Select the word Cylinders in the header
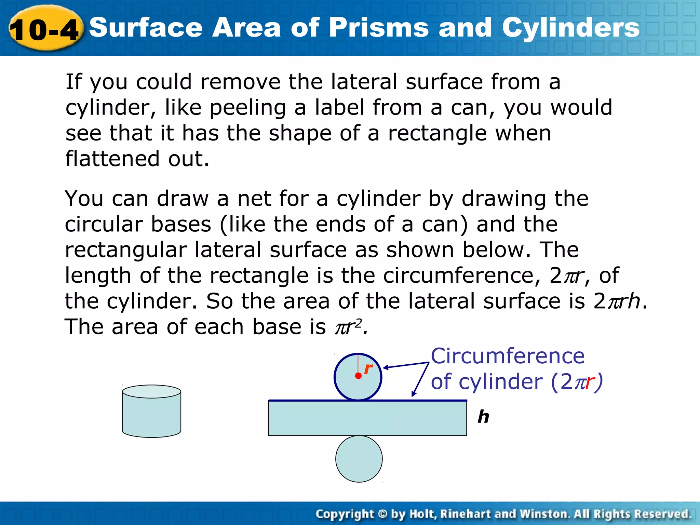click(x=570, y=28)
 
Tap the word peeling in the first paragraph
click(x=247, y=108)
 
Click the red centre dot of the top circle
click(x=358, y=376)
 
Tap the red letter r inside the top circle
click(x=368, y=369)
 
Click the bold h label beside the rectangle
click(x=483, y=417)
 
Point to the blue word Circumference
click(x=508, y=356)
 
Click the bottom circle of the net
click(x=359, y=459)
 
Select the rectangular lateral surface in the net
click(x=367, y=418)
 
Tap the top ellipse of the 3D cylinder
click(x=151, y=392)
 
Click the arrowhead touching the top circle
click(x=385, y=368)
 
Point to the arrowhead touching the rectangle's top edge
click(x=414, y=394)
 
